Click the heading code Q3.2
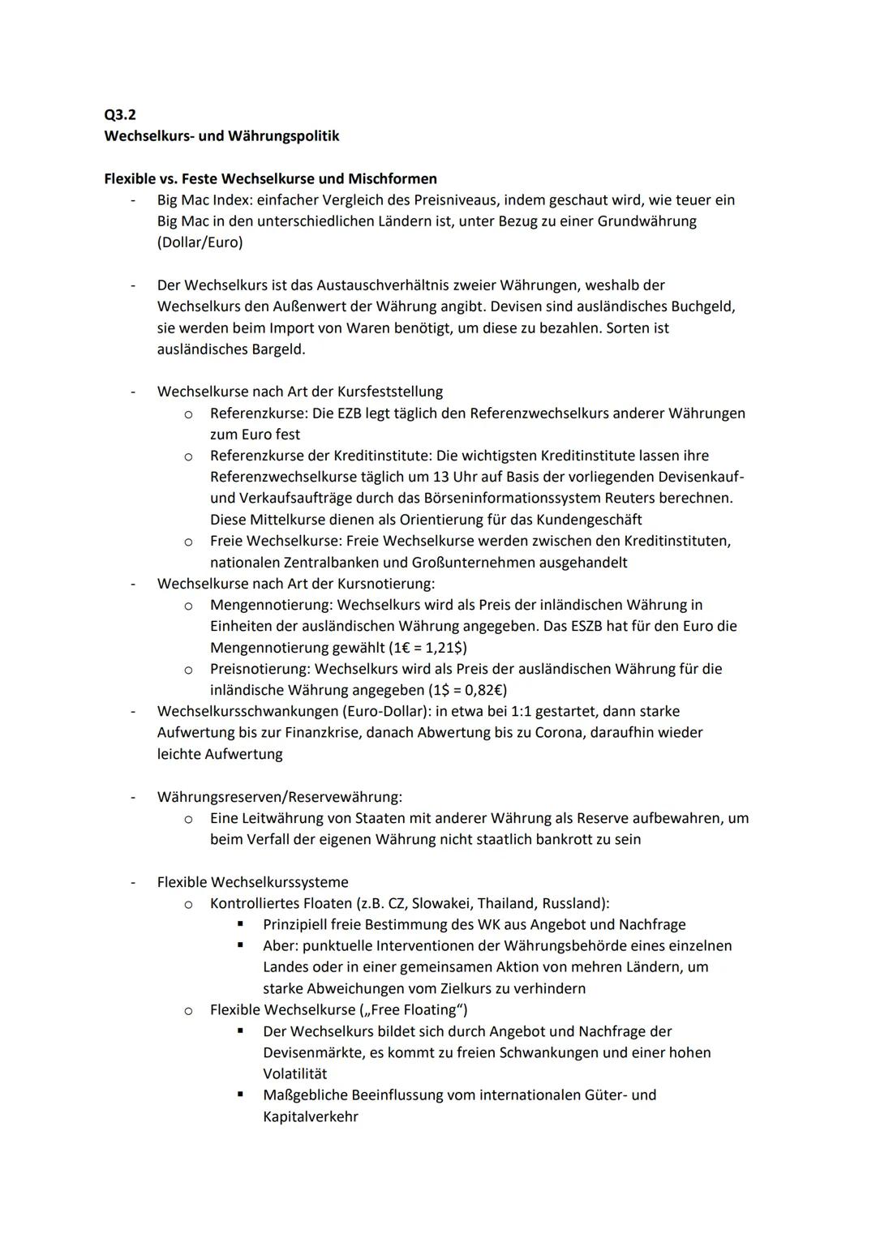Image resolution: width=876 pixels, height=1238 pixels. pyautogui.click(x=120, y=115)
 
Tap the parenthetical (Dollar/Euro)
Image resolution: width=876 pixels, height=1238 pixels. pyautogui.click(x=200, y=242)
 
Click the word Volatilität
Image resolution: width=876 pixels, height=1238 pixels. pyautogui.click(x=295, y=1073)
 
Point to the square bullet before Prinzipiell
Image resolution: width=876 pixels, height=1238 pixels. pyautogui.click(x=240, y=924)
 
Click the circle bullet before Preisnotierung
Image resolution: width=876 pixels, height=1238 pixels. pyautogui.click(x=187, y=670)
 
